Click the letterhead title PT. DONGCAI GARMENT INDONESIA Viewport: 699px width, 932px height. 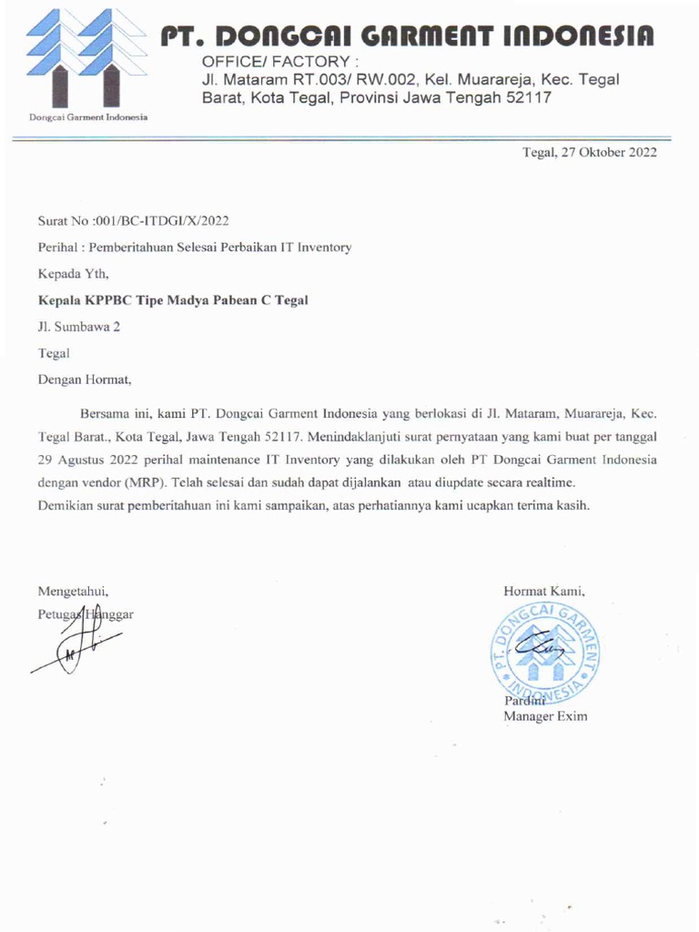pyautogui.click(x=407, y=35)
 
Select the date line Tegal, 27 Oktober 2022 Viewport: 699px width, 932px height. pyautogui.click(x=589, y=153)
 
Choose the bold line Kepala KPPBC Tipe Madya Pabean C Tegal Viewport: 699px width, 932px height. pyautogui.click(x=172, y=299)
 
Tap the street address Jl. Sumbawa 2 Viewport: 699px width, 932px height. pyautogui.click(x=79, y=326)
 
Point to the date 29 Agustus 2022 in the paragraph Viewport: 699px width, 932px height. pyautogui.click(x=91, y=460)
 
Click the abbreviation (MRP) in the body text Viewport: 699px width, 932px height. pyautogui.click(x=139, y=482)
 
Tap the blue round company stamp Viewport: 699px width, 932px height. pyautogui.click(x=546, y=650)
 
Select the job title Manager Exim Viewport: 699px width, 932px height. pyautogui.click(x=545, y=716)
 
